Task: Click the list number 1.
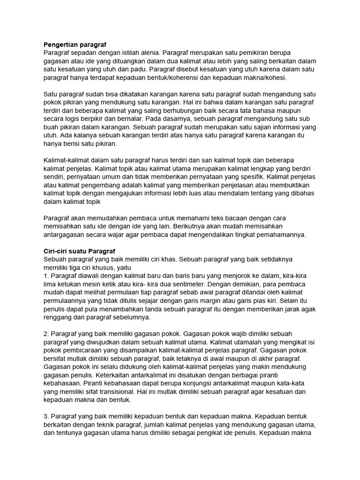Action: (45, 276)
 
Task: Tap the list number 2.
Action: (45, 334)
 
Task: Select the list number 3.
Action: (45, 416)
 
